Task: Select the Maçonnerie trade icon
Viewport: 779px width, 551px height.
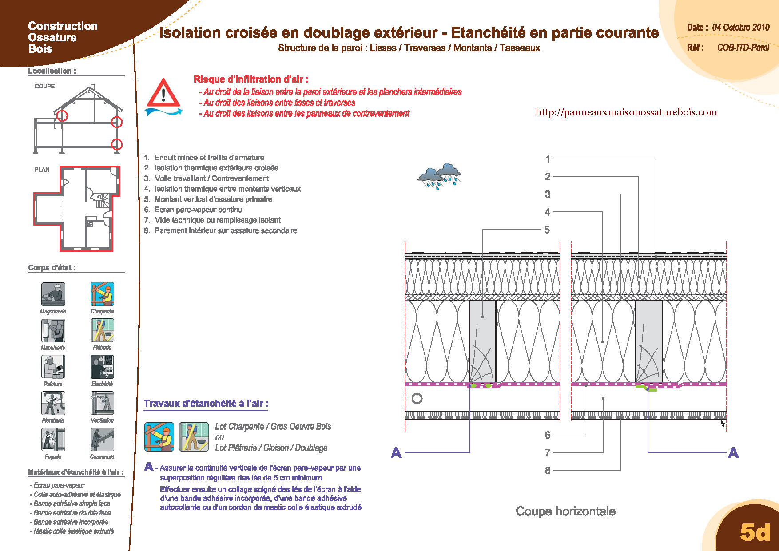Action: [x=53, y=294]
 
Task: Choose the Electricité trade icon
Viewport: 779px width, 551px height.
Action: [x=102, y=367]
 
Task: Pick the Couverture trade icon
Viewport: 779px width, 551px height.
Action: [x=102, y=440]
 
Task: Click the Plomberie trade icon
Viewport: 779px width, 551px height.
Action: [x=53, y=403]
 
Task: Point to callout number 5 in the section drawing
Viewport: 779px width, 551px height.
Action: [x=547, y=230]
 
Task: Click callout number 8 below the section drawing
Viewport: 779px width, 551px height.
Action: [x=548, y=471]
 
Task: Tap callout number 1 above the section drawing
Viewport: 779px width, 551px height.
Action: [x=548, y=159]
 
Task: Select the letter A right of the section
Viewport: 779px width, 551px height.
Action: [x=733, y=453]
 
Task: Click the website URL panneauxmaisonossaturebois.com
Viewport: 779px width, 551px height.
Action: [x=626, y=112]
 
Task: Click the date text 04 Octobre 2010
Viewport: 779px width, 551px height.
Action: [x=741, y=28]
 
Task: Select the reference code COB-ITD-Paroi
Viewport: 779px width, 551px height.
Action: [x=743, y=48]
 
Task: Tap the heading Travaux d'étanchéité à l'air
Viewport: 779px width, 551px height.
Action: [x=206, y=404]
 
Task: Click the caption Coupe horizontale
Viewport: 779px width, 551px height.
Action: [x=565, y=511]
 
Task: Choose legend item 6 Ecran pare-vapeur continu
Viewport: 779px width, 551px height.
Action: [x=198, y=210]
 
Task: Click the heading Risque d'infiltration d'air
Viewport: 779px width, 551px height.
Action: [x=251, y=79]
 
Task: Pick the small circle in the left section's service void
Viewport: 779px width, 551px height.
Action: [x=417, y=399]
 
